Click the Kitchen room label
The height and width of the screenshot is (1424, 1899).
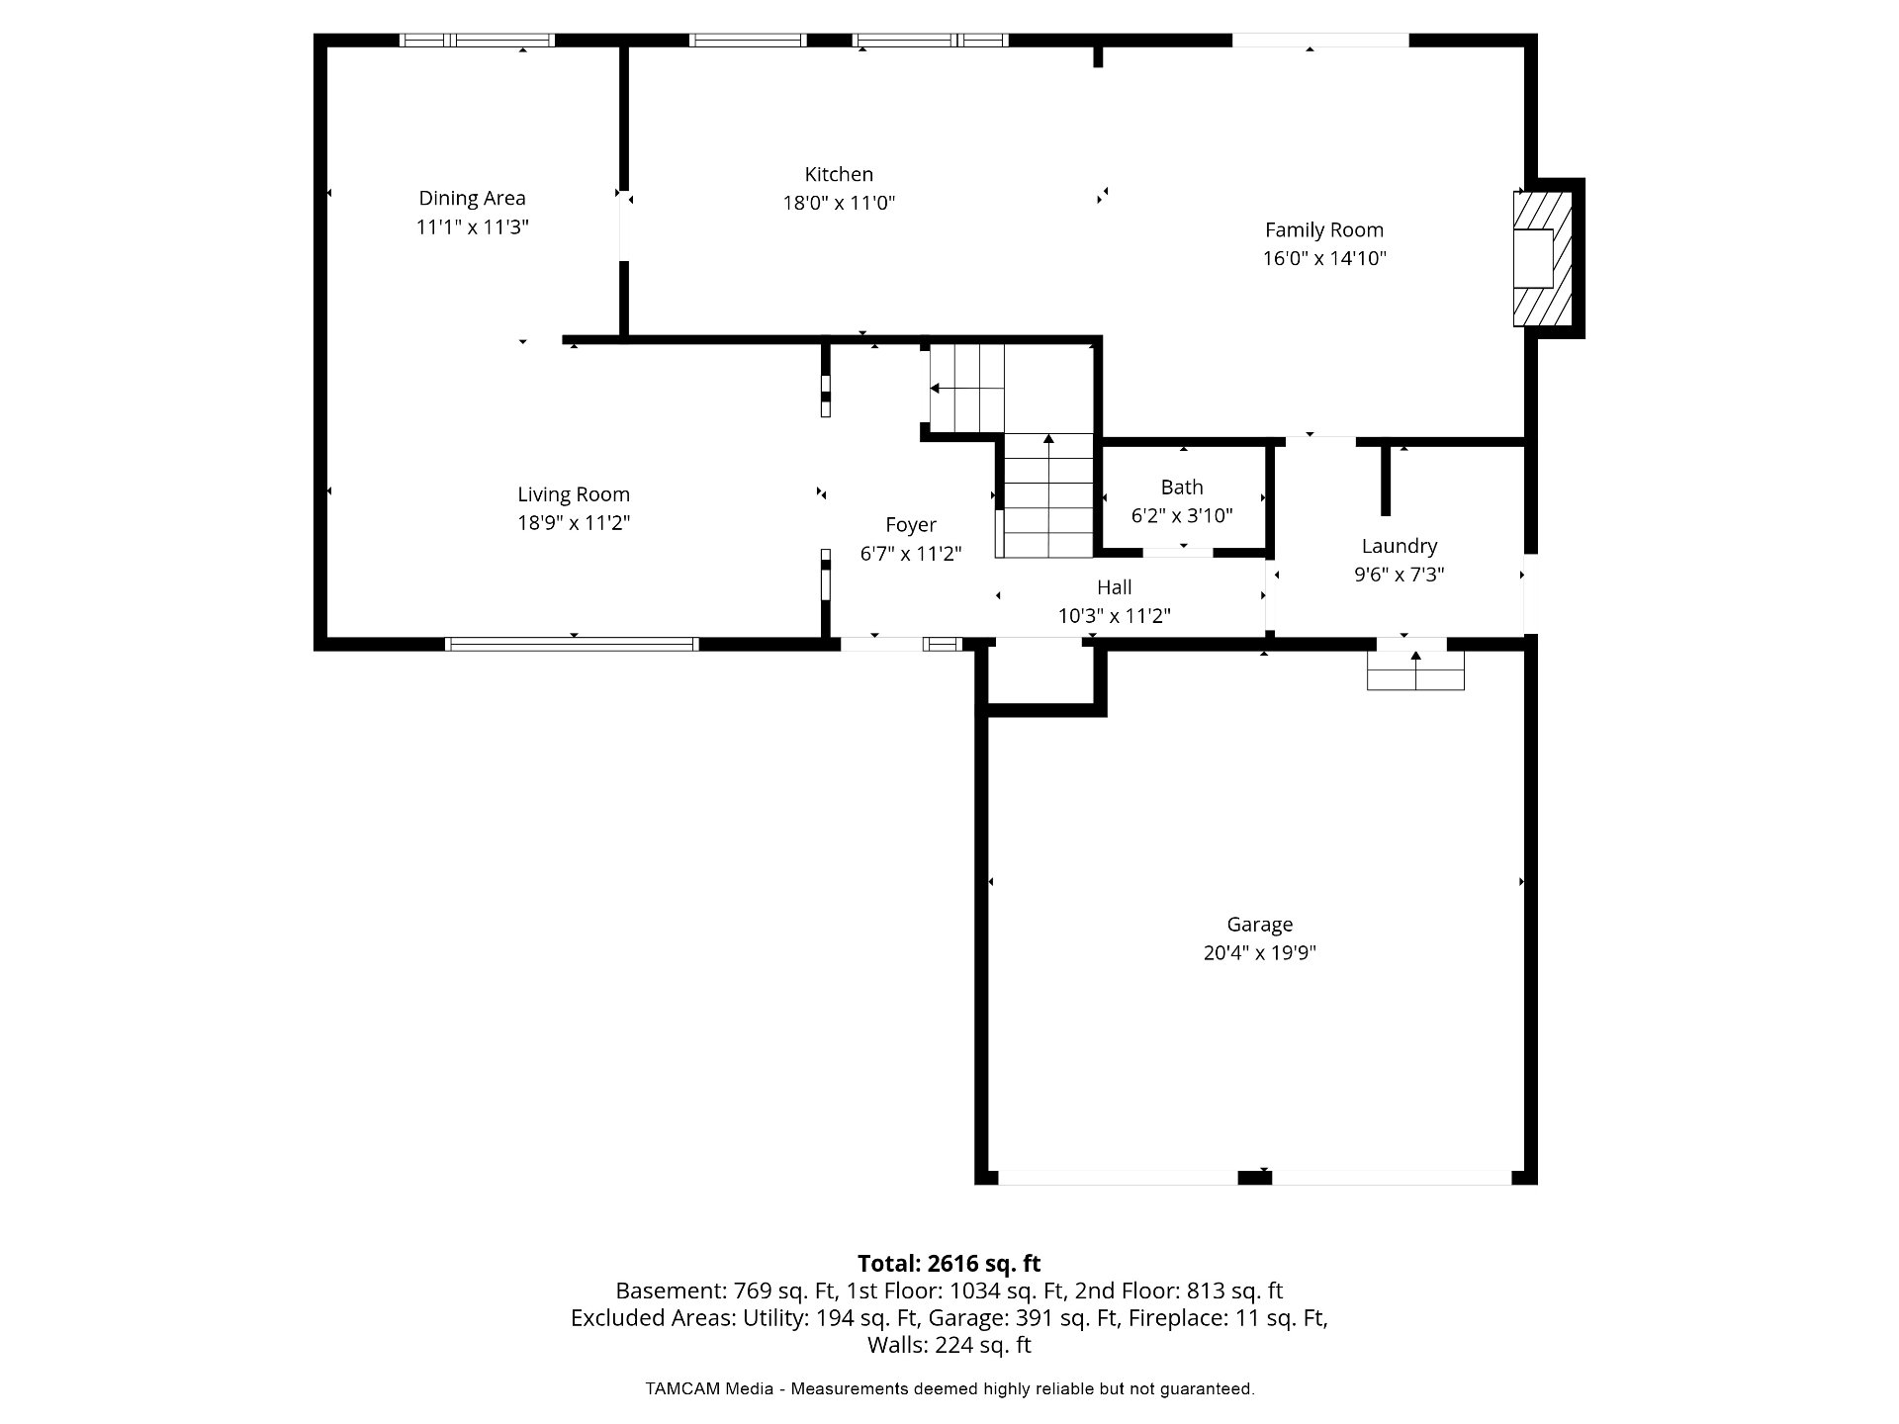pos(839,175)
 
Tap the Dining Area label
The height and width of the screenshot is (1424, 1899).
pos(472,199)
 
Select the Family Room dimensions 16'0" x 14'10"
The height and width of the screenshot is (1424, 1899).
pos(1324,259)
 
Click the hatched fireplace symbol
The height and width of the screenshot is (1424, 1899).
pos(1542,258)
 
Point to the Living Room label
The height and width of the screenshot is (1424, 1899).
pos(574,495)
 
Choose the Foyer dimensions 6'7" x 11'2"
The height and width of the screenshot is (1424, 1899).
pos(911,554)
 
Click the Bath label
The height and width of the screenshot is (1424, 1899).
pos(1182,488)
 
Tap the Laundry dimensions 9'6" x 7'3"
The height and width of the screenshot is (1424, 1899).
pos(1400,575)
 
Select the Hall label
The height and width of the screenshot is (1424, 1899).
pos(1115,587)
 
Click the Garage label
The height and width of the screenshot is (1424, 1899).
pos(1260,925)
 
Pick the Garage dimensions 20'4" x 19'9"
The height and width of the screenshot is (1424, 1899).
pos(1260,953)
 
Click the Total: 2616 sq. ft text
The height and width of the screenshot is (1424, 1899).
pos(949,1263)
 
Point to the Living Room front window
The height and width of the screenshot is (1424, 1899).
pos(572,644)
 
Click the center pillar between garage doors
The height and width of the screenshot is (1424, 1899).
pos(1255,1177)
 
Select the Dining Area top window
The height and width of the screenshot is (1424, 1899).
pos(477,41)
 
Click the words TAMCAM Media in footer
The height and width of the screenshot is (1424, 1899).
pos(709,1389)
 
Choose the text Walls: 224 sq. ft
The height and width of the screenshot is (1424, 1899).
pos(949,1345)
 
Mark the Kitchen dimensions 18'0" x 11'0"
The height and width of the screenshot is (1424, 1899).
pos(839,204)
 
